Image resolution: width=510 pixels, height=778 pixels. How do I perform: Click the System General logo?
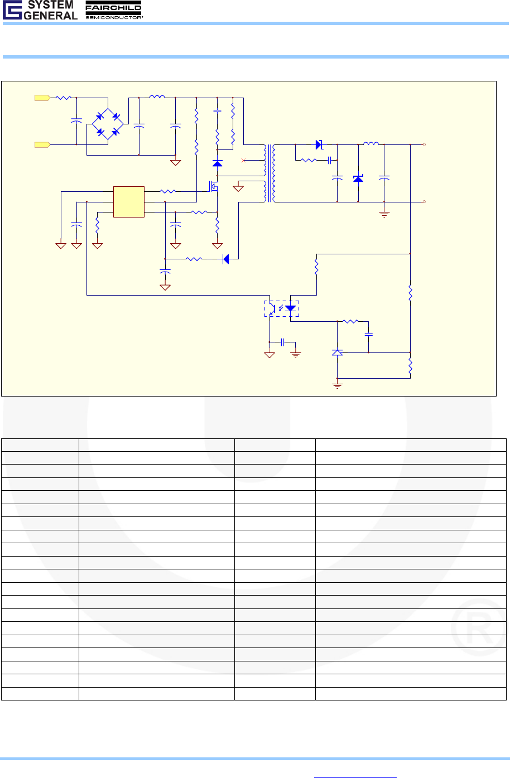[40, 10]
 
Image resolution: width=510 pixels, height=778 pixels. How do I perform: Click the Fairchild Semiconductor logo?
[113, 10]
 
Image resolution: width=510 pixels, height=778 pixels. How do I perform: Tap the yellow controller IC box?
[129, 201]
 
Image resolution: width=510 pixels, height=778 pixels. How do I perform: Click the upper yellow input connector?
[42, 98]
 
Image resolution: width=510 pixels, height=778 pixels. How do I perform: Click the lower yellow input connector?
[42, 145]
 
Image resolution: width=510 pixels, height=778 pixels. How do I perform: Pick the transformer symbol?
[270, 173]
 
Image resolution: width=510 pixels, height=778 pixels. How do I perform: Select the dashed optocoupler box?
[281, 308]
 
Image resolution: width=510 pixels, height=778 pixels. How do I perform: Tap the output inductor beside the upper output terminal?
[371, 144]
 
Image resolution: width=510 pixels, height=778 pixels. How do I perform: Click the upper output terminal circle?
[425, 144]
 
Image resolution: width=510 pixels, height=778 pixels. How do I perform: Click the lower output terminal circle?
[425, 201]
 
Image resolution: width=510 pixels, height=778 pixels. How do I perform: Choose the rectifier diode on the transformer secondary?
[319, 145]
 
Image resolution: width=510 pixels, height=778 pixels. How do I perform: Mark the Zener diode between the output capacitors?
[358, 178]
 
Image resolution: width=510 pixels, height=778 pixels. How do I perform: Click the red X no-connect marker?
[243, 160]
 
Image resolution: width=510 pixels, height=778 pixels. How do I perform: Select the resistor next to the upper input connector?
[63, 98]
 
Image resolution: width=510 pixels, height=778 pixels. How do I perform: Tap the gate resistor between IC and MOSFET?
[168, 192]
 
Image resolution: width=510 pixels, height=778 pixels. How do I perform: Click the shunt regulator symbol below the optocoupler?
[337, 352]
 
